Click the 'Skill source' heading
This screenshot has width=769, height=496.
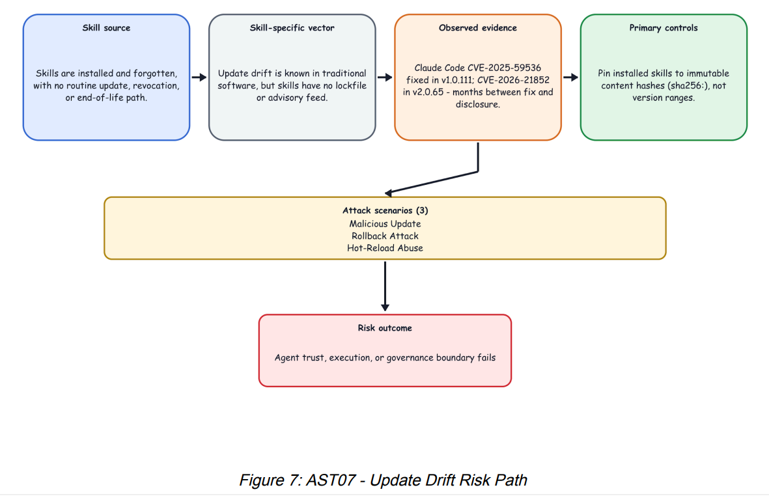click(x=106, y=28)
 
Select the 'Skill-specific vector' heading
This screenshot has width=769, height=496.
click(x=292, y=28)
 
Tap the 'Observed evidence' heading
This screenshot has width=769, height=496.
click(x=478, y=28)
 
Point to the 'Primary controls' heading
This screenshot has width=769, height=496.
click(x=664, y=28)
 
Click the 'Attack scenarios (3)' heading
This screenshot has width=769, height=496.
click(x=385, y=211)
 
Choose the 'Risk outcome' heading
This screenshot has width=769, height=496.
click(x=385, y=328)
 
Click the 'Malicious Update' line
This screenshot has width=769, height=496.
click(x=385, y=224)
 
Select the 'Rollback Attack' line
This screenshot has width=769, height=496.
click(x=385, y=236)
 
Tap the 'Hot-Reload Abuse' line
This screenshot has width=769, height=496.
click(x=385, y=248)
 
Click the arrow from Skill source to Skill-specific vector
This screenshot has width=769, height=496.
click(x=199, y=77)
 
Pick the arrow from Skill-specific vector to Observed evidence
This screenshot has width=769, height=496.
click(x=385, y=77)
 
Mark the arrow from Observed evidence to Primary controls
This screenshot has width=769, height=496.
click(x=571, y=77)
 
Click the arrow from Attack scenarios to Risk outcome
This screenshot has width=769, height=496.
click(x=385, y=286)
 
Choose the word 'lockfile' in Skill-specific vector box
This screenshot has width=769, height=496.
click(x=351, y=86)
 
